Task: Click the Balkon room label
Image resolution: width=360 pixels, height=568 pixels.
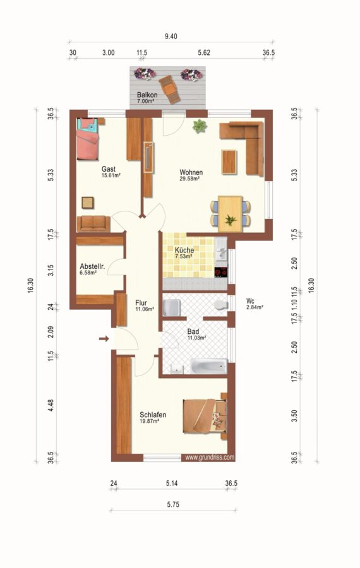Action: [x=147, y=95]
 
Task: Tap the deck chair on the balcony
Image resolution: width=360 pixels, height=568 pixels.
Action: [x=169, y=89]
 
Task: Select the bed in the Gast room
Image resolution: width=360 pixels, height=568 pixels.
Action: [x=87, y=139]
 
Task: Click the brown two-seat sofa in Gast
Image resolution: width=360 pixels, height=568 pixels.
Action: [x=93, y=223]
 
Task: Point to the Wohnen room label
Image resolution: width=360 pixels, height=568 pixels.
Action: [x=191, y=172]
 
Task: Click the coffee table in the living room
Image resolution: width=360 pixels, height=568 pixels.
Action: [x=229, y=162]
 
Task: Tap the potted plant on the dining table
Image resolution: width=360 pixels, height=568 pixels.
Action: [x=231, y=220]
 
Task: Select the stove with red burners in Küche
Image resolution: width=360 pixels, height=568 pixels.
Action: [x=221, y=272]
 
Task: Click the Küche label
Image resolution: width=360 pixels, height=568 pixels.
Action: [x=184, y=250]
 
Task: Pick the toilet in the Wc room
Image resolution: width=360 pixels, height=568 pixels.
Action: [x=220, y=305]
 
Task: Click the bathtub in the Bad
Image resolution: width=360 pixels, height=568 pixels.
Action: [x=209, y=366]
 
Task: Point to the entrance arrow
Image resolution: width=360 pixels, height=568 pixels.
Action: [x=104, y=339]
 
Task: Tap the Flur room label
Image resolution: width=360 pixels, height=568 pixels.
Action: [x=141, y=302]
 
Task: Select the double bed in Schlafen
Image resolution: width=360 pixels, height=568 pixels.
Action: [x=205, y=416]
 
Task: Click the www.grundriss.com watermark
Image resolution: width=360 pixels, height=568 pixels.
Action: [x=210, y=458]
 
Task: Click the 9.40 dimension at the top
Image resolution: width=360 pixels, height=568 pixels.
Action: [x=171, y=36]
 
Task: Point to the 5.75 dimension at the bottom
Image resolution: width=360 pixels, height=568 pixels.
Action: [x=173, y=504]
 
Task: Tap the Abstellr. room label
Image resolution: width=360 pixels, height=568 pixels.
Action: [x=92, y=266]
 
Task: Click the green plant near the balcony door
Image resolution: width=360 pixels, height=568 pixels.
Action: [x=200, y=126]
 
